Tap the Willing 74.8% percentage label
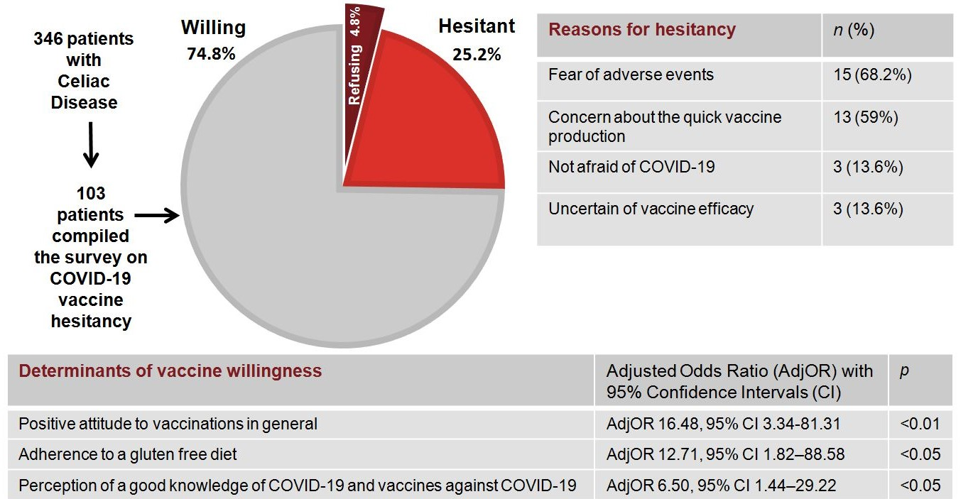pyautogui.click(x=212, y=54)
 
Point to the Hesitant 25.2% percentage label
pyautogui.click(x=477, y=55)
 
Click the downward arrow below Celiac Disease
pyautogui.click(x=91, y=145)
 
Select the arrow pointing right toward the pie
pyautogui.click(x=157, y=215)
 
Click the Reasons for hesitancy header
pyautogui.click(x=642, y=30)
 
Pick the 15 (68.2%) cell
pyautogui.click(x=872, y=75)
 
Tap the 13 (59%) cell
pyautogui.click(x=865, y=117)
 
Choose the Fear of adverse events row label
pyautogui.click(x=631, y=75)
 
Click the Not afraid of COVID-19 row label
pyautogui.click(x=631, y=167)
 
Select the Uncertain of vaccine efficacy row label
pyautogui.click(x=651, y=209)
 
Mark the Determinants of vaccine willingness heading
pyautogui.click(x=170, y=371)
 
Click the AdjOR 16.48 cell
pyautogui.click(x=723, y=424)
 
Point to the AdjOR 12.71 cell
pyautogui.click(x=725, y=454)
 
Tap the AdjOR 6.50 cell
pyautogui.click(x=721, y=485)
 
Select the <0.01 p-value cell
pyautogui.click(x=920, y=424)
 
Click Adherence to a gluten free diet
pyautogui.click(x=128, y=454)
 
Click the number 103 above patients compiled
pyautogui.click(x=91, y=193)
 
